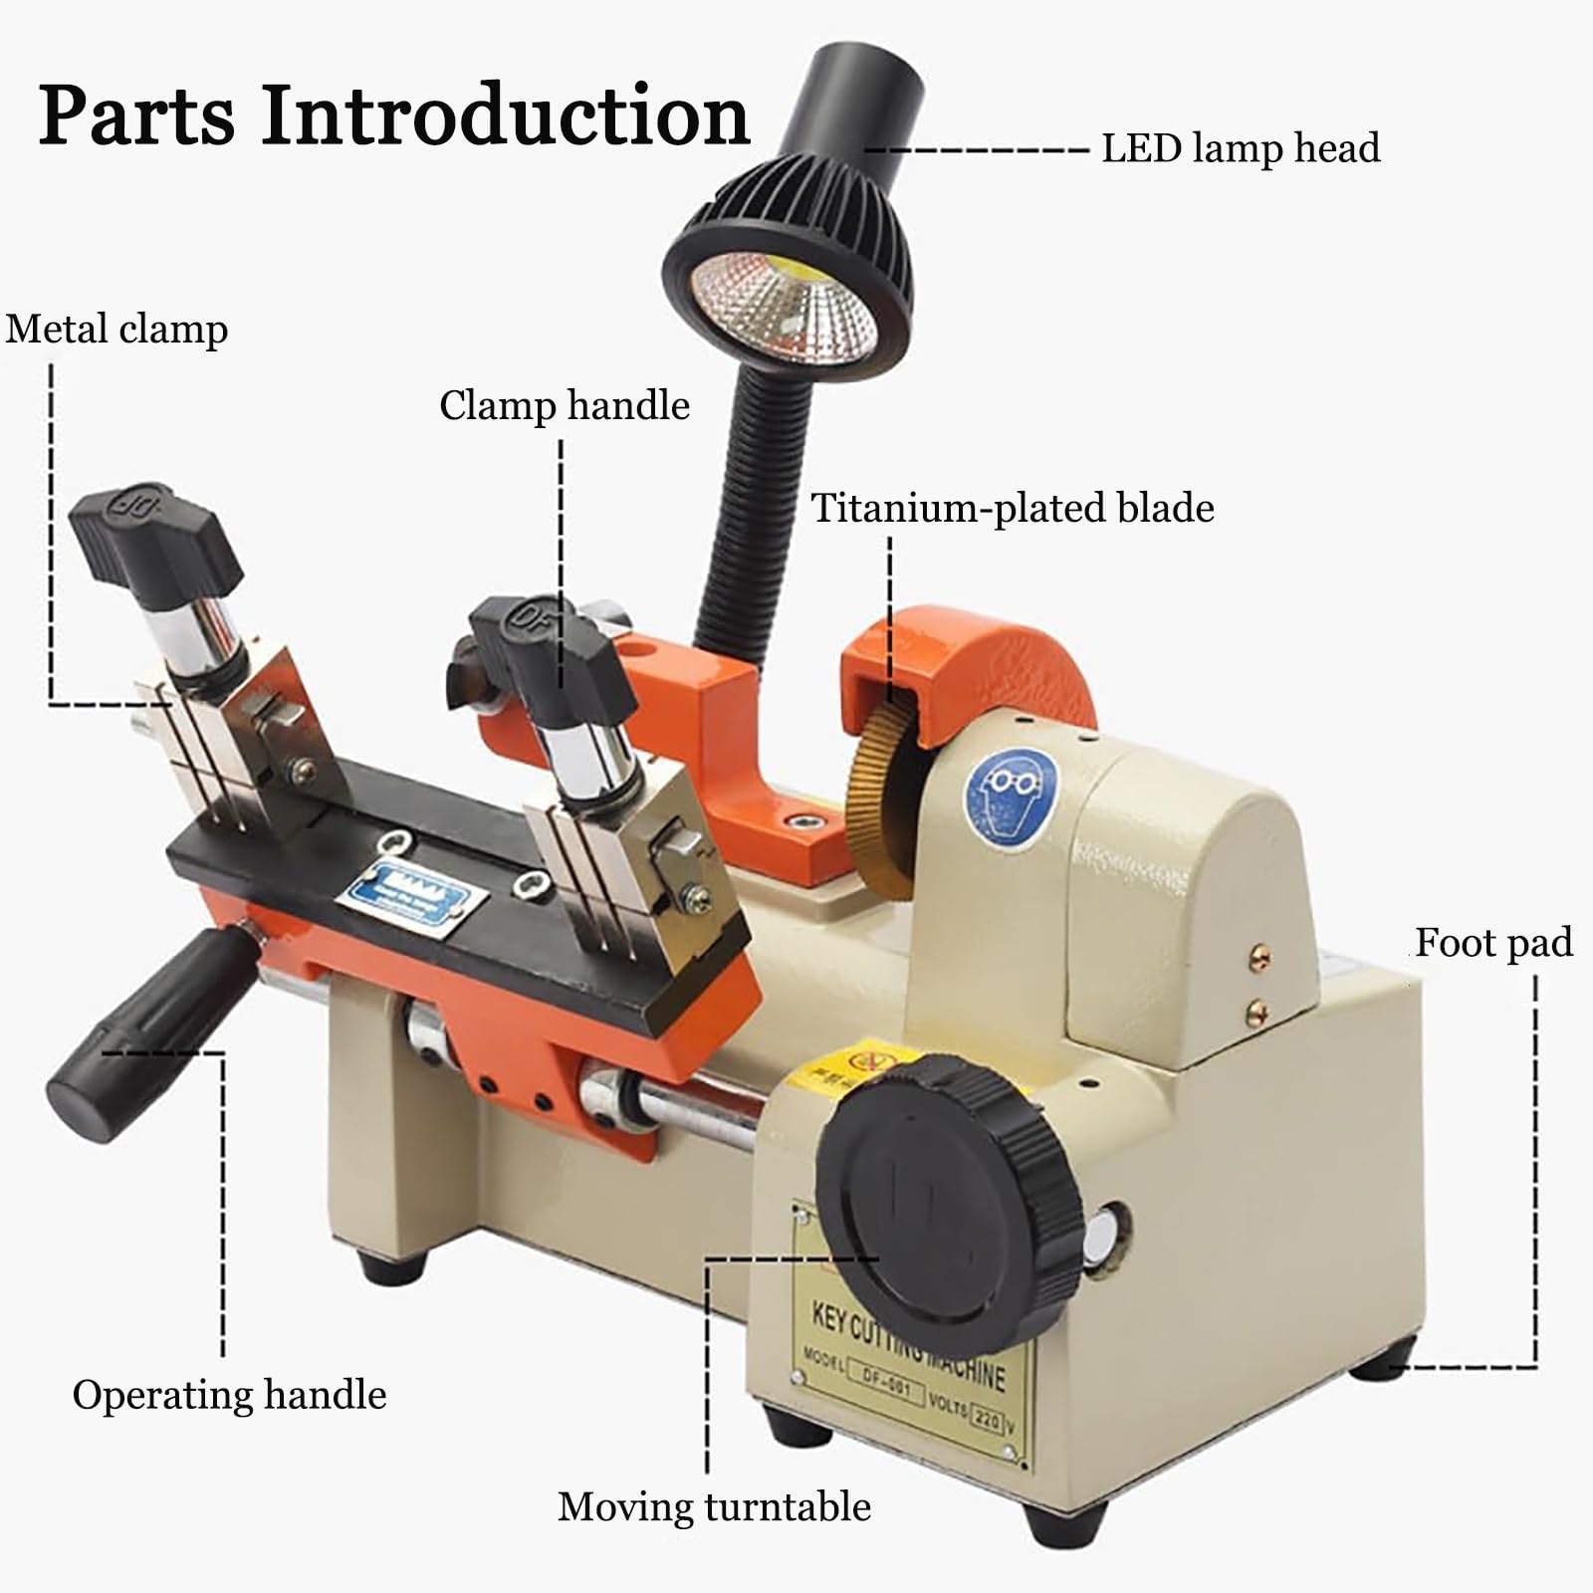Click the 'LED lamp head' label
[1240, 148]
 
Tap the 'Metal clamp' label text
[116, 330]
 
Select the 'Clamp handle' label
[564, 405]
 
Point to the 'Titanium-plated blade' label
[1012, 508]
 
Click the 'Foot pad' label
[1492, 942]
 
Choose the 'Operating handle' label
[229, 1395]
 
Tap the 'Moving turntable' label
[714, 1506]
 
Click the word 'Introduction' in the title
[505, 115]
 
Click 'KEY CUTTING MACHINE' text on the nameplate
[906, 1344]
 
